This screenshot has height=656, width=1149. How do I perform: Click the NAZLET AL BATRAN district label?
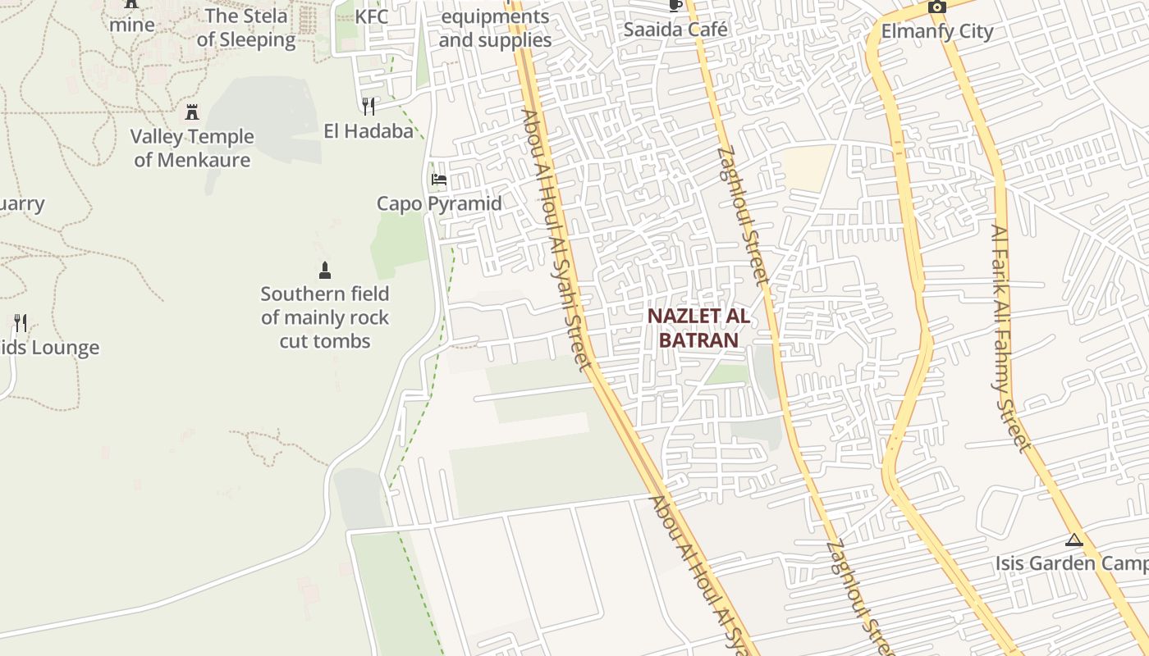(x=698, y=328)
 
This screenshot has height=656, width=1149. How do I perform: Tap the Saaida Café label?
(x=675, y=30)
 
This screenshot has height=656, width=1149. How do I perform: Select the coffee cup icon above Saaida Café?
(x=675, y=6)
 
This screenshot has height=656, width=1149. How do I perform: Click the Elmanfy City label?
(x=937, y=31)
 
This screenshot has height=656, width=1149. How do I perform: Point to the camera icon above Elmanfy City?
(x=937, y=7)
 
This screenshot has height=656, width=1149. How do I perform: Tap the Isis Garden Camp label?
(x=1071, y=563)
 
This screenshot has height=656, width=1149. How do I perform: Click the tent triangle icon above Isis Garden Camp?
(x=1074, y=540)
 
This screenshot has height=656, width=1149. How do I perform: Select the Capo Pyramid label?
(x=439, y=203)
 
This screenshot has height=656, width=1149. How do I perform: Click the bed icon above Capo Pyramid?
(x=439, y=180)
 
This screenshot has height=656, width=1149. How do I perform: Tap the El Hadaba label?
(x=369, y=130)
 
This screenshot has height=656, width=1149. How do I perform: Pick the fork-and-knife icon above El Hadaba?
(x=369, y=107)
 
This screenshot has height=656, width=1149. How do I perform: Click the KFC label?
(x=372, y=16)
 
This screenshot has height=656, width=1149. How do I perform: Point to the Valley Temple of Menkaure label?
(x=192, y=148)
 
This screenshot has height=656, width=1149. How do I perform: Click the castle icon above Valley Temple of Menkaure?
(x=192, y=112)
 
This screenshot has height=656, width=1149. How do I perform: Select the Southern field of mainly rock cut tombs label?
(x=325, y=317)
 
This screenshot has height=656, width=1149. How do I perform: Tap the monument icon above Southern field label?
(x=325, y=271)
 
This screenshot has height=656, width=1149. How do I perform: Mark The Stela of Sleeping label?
(x=246, y=28)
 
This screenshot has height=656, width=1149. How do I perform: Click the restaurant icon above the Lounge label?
(x=21, y=322)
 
